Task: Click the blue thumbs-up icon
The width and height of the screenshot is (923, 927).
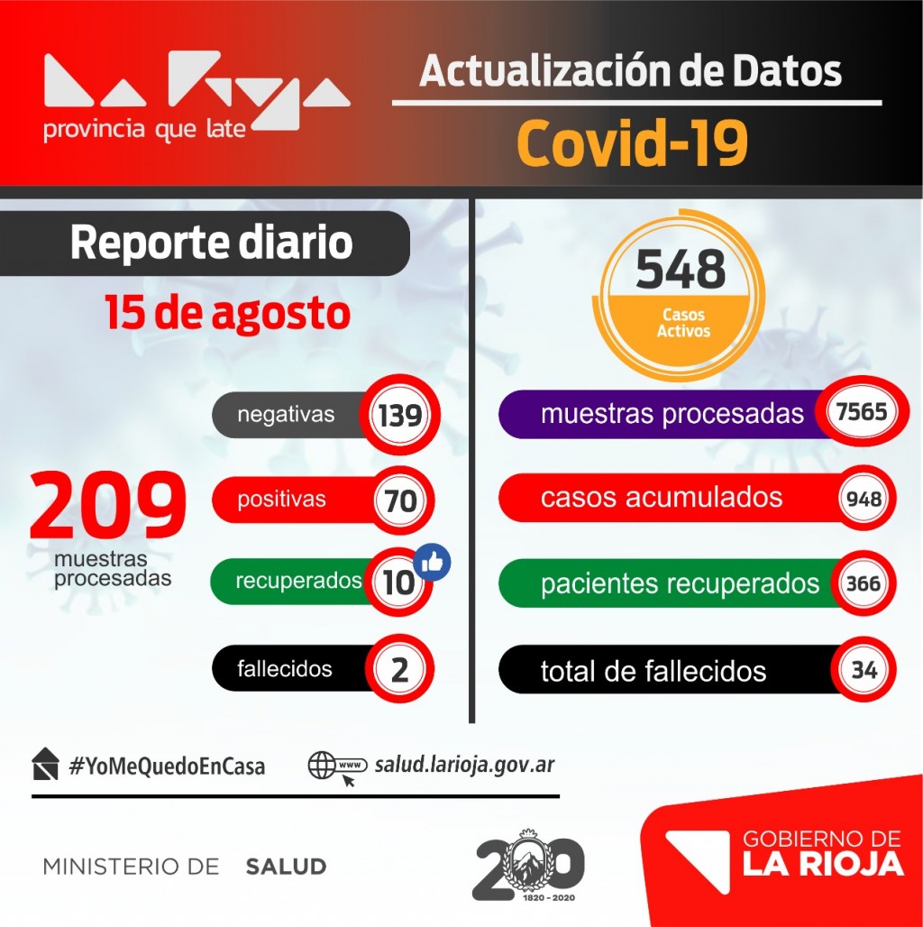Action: click(433, 563)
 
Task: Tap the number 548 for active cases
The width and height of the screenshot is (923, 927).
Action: click(681, 268)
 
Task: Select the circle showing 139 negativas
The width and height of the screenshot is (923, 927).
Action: click(399, 416)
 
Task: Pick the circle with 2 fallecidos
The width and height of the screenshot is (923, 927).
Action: click(400, 669)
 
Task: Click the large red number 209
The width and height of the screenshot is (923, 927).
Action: click(109, 506)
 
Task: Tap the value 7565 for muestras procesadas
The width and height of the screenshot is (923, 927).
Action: click(862, 413)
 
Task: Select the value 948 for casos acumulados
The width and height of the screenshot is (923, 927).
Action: click(864, 498)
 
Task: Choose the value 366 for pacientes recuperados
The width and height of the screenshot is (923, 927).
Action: click(864, 583)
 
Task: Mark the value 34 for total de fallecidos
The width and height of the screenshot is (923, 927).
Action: click(864, 670)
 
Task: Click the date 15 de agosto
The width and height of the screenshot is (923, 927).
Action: click(227, 314)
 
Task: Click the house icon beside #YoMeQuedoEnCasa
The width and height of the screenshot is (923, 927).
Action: click(45, 765)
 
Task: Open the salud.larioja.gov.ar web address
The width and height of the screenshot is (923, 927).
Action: click(463, 765)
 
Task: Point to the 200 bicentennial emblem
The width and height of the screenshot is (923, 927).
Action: click(529, 866)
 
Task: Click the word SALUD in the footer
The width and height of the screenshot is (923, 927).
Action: click(286, 867)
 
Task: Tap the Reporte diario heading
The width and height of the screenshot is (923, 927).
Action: click(211, 243)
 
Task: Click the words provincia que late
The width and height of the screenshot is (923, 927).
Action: click(144, 129)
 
